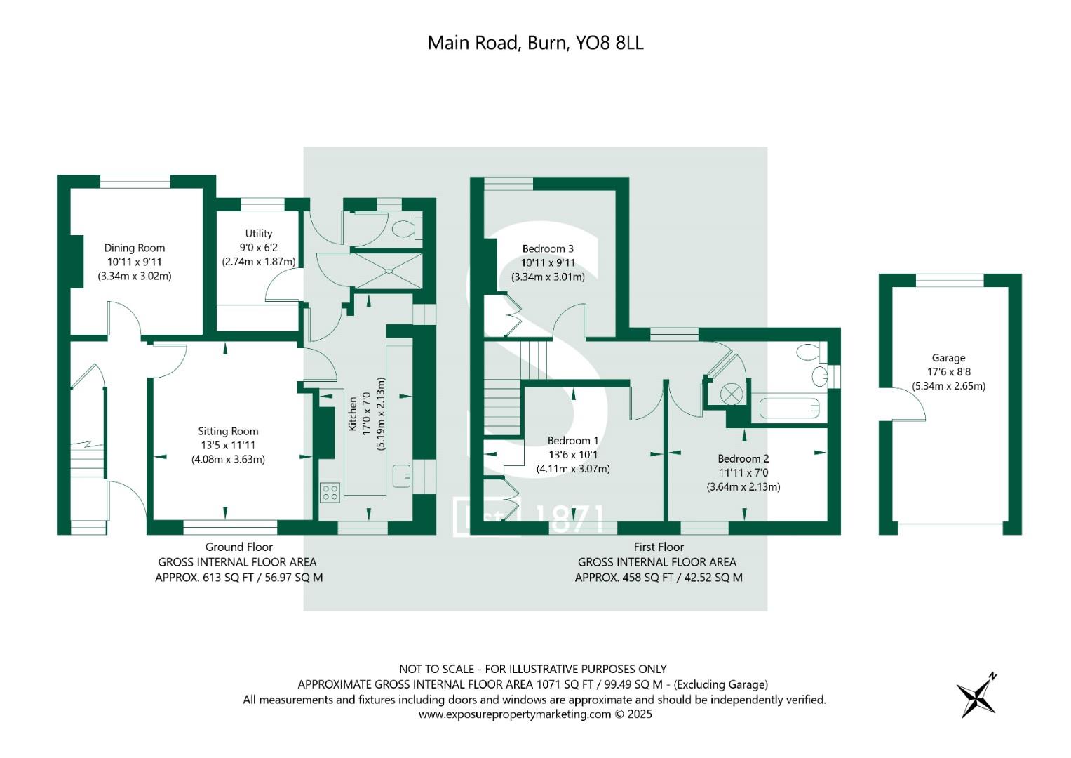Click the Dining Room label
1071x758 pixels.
(x=134, y=248)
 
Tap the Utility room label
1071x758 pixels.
(x=258, y=234)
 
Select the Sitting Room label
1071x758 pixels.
(x=228, y=432)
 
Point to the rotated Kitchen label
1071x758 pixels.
(x=353, y=413)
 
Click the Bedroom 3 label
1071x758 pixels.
(x=548, y=248)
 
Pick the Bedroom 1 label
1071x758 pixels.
(x=572, y=441)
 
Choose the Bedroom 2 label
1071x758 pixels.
(x=743, y=458)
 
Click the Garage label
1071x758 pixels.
(x=948, y=358)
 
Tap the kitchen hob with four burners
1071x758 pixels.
(x=330, y=492)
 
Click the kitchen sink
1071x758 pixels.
(x=402, y=476)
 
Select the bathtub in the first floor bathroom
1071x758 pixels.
(x=789, y=408)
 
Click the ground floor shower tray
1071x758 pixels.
(x=387, y=270)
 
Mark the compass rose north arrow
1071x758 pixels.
(x=977, y=696)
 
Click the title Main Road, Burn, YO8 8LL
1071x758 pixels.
(x=535, y=43)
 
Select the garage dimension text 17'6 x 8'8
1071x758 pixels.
(x=948, y=372)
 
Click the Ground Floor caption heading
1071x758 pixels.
(x=238, y=547)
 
